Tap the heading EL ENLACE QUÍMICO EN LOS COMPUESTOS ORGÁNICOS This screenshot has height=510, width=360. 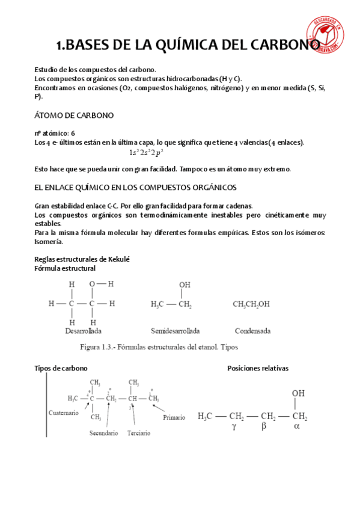[x=136, y=187]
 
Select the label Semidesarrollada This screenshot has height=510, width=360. [x=175, y=331]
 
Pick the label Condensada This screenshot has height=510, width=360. [x=252, y=331]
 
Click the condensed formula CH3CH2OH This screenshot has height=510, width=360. [x=252, y=304]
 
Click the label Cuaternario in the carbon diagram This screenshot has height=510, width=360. [x=63, y=413]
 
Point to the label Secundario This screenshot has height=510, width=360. [x=103, y=433]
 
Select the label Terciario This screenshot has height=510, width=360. [x=139, y=433]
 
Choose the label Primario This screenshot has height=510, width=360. [x=174, y=416]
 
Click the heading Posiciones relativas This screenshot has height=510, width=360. [x=258, y=367]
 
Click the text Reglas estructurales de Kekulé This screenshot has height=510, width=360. [x=82, y=259]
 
